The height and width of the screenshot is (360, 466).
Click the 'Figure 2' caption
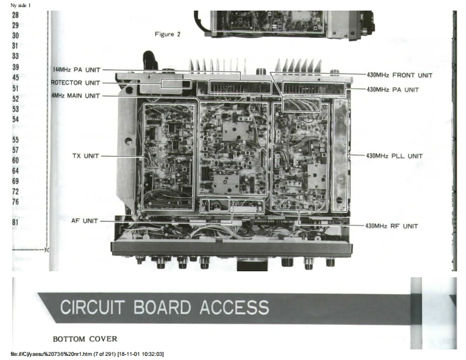[167, 34]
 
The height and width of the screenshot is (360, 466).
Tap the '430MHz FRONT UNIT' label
[399, 75]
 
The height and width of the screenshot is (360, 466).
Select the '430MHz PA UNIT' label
[393, 90]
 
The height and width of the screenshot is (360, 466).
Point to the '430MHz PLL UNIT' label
[394, 156]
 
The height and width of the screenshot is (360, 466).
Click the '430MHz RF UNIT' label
[392, 226]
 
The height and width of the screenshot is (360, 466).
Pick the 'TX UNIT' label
[86, 156]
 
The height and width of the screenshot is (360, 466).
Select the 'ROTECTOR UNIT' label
[76, 83]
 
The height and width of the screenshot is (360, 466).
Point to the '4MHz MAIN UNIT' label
[76, 96]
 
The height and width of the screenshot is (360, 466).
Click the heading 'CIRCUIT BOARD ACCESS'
[165, 307]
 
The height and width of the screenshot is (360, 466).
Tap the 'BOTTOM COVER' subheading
[85, 339]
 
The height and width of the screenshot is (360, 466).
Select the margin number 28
[15, 16]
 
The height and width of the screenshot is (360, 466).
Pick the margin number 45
[15, 78]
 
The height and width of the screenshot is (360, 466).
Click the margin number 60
[15, 160]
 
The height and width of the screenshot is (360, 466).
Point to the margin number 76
[15, 201]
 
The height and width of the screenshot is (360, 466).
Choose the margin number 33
[15, 56]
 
